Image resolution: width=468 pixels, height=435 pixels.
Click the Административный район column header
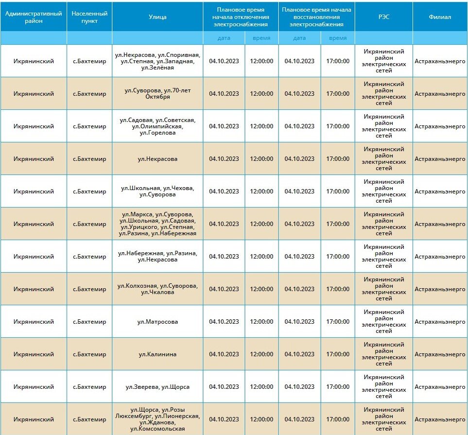(34, 17)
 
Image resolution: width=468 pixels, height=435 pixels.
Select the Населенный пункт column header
(89, 17)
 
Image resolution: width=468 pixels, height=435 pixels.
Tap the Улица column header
(157, 17)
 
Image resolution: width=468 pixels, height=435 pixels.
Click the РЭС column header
(383, 17)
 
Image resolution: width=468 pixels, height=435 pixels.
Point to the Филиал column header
(440, 17)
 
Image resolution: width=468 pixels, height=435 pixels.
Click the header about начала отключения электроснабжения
(241, 17)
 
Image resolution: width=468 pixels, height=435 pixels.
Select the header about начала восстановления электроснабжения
(316, 17)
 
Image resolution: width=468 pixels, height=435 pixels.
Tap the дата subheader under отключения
(224, 38)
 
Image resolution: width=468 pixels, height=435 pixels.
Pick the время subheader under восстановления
(338, 38)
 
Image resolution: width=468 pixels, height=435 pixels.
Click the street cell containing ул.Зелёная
(157, 61)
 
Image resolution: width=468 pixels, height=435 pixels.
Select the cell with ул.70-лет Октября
(157, 94)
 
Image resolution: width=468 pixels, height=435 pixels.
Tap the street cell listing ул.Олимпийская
(157, 126)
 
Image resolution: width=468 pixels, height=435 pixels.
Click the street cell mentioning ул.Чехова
(157, 191)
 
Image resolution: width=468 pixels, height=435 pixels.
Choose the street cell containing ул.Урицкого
(157, 224)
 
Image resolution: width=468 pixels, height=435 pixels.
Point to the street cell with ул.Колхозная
(157, 289)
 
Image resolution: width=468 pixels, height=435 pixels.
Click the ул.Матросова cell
(157, 322)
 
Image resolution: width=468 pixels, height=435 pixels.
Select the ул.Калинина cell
(157, 354)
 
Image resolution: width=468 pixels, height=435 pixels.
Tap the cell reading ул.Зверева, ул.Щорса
(157, 387)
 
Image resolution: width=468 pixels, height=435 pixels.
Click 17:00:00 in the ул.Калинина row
(338, 354)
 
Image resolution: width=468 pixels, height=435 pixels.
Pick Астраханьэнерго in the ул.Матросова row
(440, 322)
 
